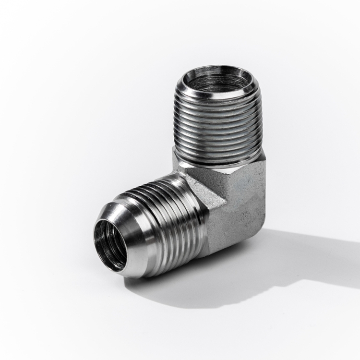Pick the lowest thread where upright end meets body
[218, 161]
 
